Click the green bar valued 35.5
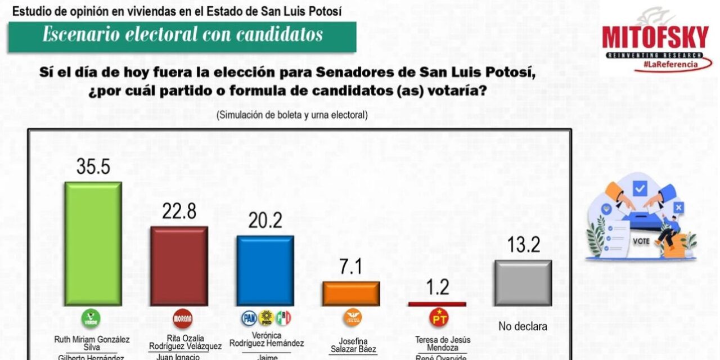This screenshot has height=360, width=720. (93, 244)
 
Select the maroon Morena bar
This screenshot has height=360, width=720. (179, 266)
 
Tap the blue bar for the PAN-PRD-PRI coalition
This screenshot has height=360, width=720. (265, 270)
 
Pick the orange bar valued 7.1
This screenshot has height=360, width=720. (351, 294)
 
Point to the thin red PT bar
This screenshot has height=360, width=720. (437, 304)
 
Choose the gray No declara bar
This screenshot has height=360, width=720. (523, 283)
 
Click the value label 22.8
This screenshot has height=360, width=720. (179, 212)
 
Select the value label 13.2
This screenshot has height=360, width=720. (523, 245)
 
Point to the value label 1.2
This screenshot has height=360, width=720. (437, 287)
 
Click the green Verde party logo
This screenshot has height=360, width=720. (91, 319)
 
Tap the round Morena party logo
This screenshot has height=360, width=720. (182, 318)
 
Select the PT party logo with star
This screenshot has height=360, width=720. (439, 318)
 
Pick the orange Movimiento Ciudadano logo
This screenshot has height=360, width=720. (353, 318)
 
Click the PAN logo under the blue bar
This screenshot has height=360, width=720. (249, 318)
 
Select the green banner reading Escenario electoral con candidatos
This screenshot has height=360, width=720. (182, 35)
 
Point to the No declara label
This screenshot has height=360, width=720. (523, 326)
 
